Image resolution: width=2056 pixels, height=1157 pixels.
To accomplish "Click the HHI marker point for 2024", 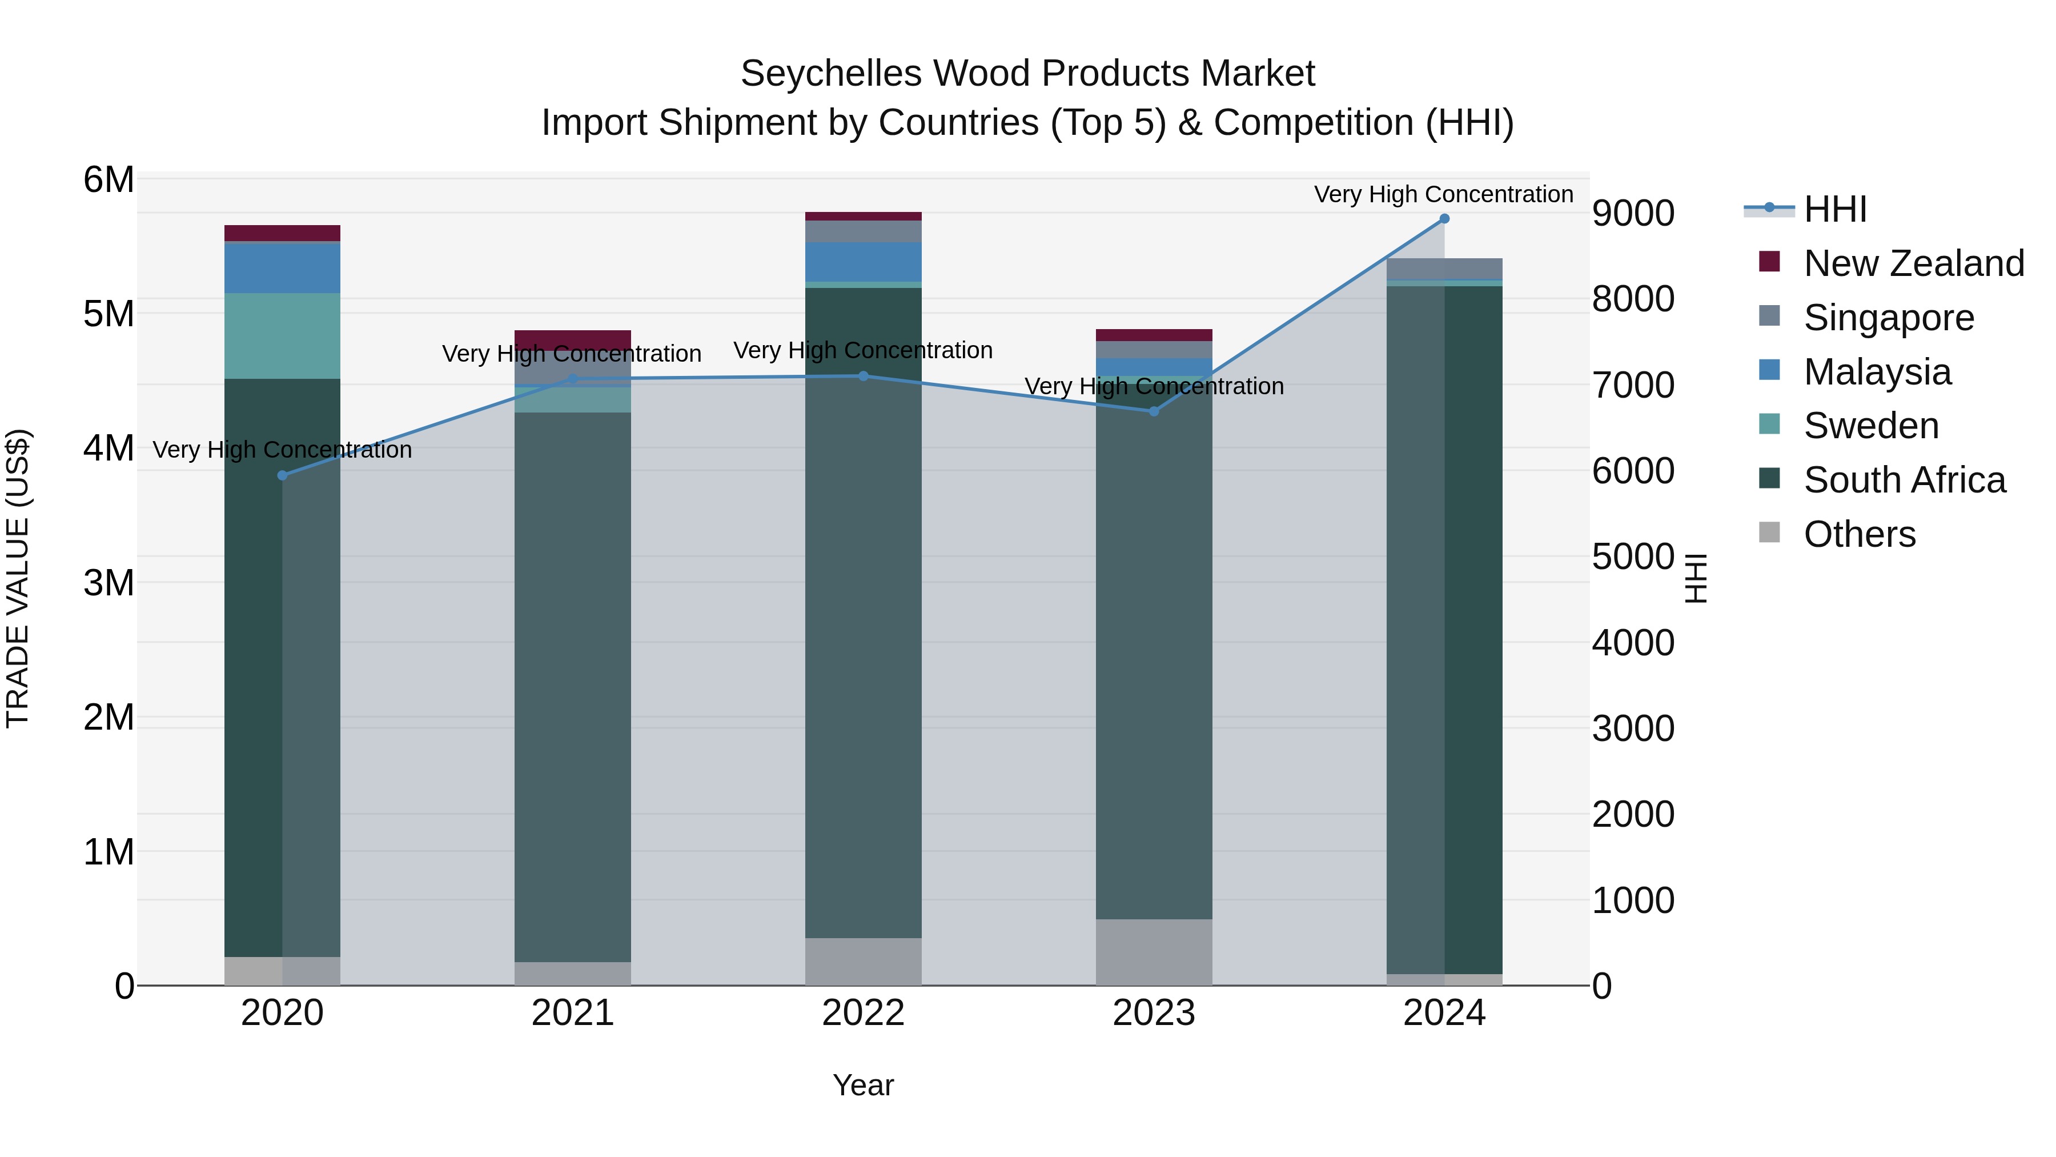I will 1444,219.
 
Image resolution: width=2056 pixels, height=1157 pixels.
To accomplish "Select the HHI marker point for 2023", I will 1153,411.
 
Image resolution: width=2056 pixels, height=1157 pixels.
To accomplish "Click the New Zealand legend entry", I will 1913,263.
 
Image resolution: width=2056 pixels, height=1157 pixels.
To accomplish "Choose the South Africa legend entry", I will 1904,480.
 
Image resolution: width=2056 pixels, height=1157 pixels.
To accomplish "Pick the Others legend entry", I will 1859,534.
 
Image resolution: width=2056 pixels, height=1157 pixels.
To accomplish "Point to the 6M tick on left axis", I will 109,179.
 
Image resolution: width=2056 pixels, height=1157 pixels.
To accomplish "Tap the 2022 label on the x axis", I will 863,1013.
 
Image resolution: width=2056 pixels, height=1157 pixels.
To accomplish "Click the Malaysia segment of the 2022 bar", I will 863,261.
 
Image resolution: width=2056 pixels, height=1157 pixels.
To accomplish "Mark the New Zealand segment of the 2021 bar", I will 572,337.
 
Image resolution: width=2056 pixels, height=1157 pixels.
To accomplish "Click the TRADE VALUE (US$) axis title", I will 18,578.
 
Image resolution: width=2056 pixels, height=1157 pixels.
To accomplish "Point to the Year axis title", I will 863,1085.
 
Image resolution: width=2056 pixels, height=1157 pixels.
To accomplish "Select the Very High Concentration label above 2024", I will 1443,194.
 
